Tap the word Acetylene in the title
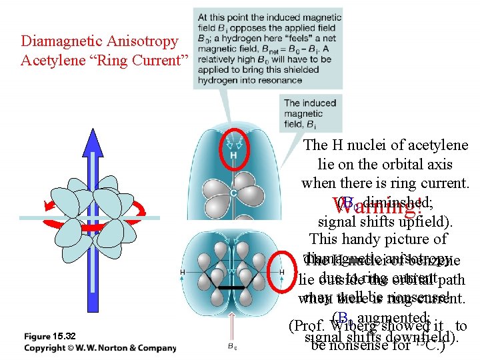tap(51, 61)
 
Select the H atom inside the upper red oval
tap(233, 156)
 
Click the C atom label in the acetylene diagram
tap(233, 193)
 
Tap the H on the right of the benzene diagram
tap(281, 272)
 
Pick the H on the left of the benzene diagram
tap(183, 272)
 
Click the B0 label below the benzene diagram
tap(232, 347)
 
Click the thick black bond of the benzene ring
tap(232, 287)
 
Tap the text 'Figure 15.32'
tap(50, 335)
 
